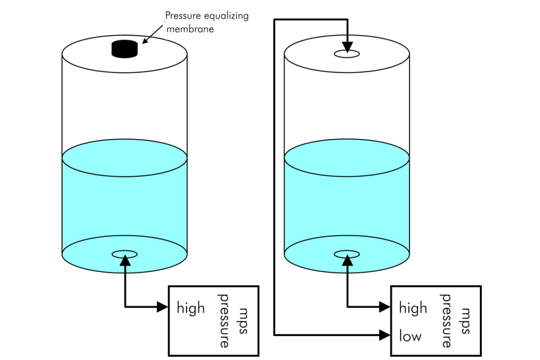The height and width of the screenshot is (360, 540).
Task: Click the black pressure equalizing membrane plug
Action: pos(124,49)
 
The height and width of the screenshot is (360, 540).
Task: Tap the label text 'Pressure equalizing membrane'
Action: pos(206,21)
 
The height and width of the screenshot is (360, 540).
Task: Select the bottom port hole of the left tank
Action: pos(124,254)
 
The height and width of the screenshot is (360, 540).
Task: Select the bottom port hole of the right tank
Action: pos(347,254)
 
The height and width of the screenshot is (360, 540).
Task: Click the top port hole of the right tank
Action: pos(347,53)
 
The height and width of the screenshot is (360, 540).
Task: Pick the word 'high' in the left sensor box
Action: pos(191,308)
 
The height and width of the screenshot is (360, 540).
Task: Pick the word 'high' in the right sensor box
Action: pos(413,308)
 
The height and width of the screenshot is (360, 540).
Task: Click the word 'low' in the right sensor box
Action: pos(410,336)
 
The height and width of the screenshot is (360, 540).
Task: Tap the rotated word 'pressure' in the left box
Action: pos(224,320)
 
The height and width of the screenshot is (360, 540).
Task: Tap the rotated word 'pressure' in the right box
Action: pos(447,320)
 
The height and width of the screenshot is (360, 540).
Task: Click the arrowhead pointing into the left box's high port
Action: pos(163,306)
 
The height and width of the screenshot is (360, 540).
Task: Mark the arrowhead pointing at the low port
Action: pos(385,335)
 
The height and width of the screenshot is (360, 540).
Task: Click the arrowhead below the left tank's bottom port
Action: pos(124,263)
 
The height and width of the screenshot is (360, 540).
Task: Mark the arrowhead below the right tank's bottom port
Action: pos(347,263)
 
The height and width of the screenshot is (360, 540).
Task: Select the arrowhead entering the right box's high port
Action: pos(385,306)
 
